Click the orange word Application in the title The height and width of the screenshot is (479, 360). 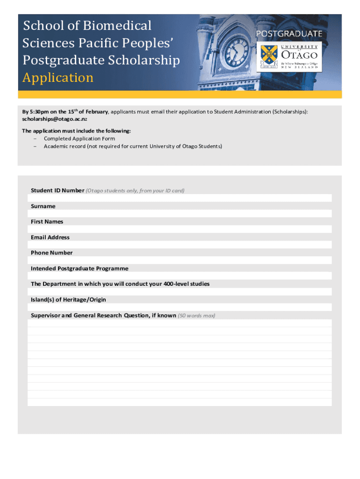(58, 78)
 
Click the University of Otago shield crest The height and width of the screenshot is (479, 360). (268, 56)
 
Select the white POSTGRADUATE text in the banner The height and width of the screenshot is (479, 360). (289, 34)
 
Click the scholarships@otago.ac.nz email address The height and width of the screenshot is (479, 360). (56, 119)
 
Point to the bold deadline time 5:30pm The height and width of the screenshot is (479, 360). (40, 112)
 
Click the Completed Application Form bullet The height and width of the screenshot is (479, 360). (79, 138)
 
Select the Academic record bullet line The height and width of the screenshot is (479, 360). (133, 146)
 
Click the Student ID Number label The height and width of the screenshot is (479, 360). (58, 190)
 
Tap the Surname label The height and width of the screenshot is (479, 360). (43, 206)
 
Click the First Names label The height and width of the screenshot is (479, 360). (47, 222)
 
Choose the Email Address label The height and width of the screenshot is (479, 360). (50, 237)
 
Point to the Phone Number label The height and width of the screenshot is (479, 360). (51, 253)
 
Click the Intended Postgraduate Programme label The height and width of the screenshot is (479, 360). (79, 269)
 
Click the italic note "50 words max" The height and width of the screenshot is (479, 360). (196, 315)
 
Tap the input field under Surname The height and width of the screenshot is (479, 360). (180, 214)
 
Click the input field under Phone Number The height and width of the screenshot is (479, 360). (180, 260)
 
